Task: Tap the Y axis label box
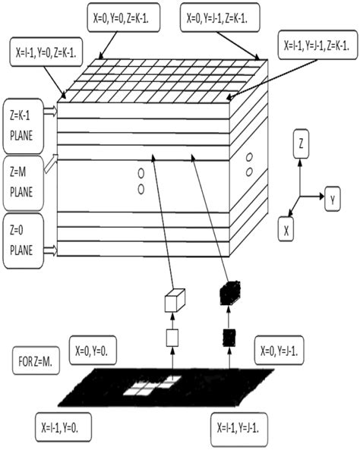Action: [x=333, y=200]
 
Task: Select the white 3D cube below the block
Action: [x=175, y=299]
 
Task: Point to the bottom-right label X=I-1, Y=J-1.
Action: [x=239, y=426]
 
